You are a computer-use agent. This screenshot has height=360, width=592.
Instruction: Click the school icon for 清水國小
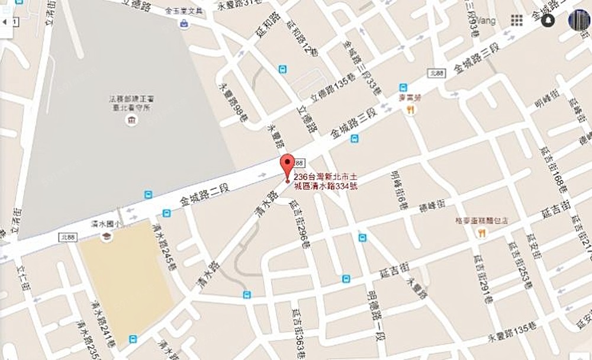[107, 236]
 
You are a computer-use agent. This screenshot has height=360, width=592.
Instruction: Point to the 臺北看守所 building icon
[131, 121]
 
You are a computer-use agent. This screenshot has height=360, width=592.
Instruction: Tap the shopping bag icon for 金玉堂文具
[185, 24]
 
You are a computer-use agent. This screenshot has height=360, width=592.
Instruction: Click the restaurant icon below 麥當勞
[409, 110]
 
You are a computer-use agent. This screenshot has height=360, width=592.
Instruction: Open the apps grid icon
[517, 20]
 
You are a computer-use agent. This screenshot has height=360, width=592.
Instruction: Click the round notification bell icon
[548, 20]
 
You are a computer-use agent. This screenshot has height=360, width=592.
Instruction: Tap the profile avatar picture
[578, 20]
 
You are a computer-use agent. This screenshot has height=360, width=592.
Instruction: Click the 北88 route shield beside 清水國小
[68, 237]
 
